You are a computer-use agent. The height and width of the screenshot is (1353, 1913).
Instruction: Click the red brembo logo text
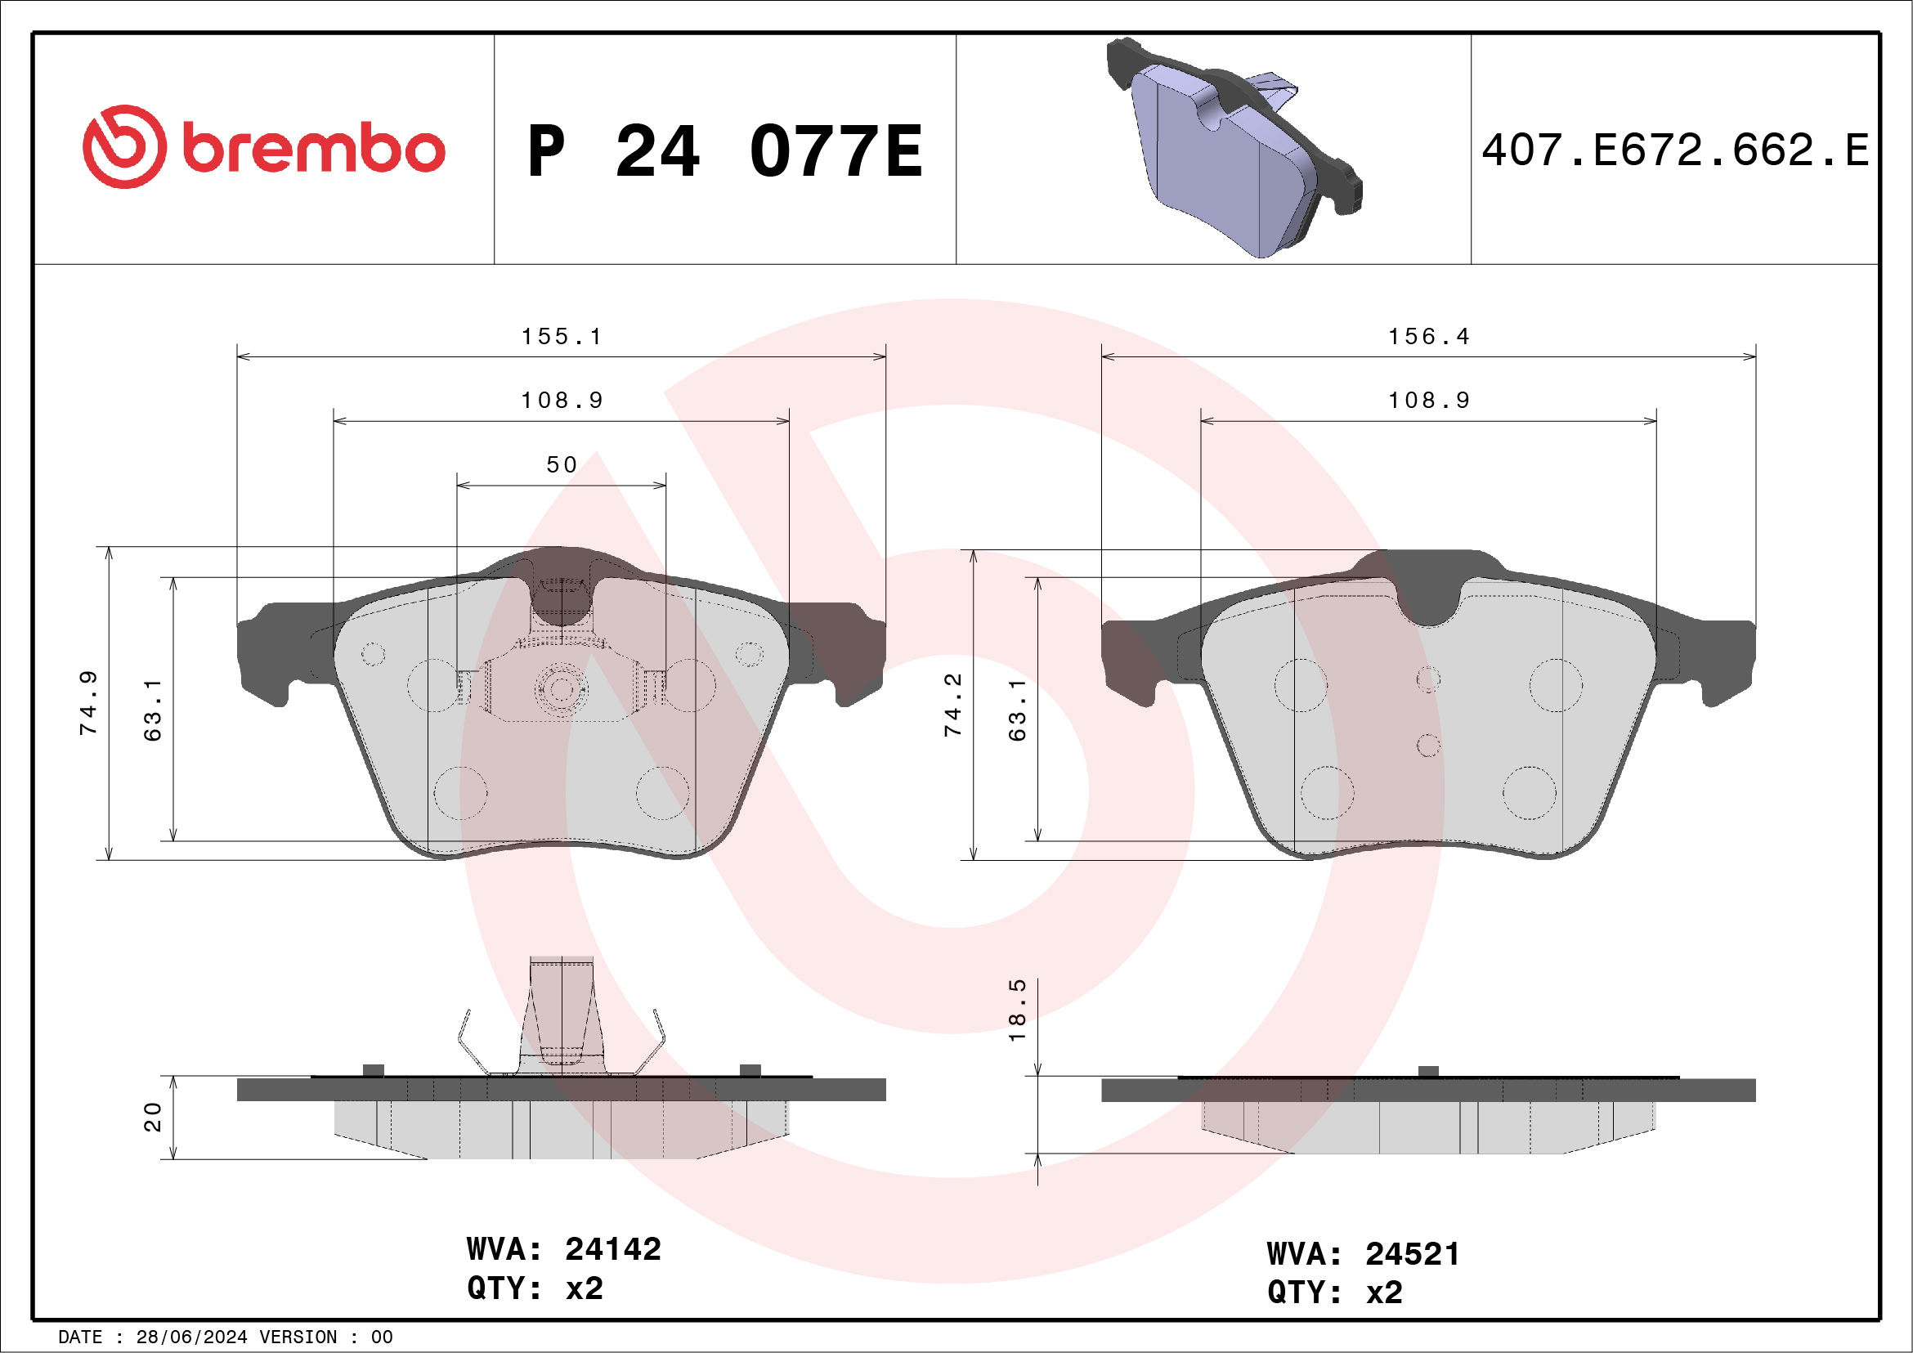coord(312,150)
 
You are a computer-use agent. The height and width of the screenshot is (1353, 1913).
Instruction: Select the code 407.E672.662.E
coord(1675,150)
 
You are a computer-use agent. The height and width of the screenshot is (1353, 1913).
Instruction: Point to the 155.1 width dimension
coord(561,337)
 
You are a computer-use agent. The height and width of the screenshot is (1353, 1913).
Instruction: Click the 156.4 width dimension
coord(1428,337)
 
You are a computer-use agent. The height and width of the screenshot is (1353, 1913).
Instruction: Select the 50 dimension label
coord(562,465)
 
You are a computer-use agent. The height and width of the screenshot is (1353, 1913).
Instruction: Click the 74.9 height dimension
coord(88,702)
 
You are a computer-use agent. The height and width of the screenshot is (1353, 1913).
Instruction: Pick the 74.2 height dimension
coord(952,705)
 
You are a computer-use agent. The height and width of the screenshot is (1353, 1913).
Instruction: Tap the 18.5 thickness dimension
coord(1017,1010)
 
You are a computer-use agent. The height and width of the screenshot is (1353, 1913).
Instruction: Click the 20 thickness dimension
coord(154,1117)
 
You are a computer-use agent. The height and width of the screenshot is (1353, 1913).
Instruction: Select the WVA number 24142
coord(612,1249)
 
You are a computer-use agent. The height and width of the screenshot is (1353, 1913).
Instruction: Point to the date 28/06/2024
coord(191,1337)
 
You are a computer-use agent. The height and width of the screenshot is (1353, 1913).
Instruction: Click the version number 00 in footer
coord(382,1337)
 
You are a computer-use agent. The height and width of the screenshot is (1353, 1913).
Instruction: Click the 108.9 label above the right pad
coord(1428,401)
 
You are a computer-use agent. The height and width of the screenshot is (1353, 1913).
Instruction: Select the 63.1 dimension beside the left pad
coord(154,710)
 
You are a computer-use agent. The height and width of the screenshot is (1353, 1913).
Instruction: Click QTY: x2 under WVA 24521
coord(1335,1293)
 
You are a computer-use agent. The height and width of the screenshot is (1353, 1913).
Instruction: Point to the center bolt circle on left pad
coord(561,689)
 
